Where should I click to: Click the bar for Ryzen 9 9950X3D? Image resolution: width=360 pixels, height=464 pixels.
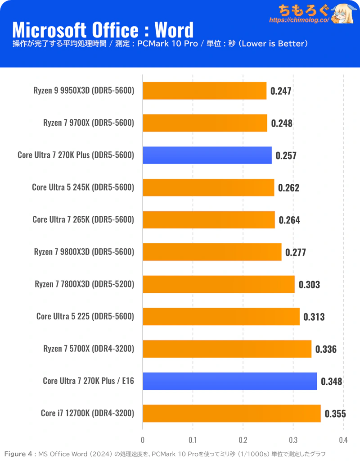coord(204,91)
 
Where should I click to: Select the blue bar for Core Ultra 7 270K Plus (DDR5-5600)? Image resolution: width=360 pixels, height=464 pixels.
coord(207,155)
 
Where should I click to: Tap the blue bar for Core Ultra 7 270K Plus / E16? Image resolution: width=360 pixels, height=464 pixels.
coord(229,381)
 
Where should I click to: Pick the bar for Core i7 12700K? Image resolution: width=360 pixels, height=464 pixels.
coord(232,413)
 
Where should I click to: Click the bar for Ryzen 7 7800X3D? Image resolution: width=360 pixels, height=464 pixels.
coord(219,284)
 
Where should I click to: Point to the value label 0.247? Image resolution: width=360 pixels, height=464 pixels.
coord(281,91)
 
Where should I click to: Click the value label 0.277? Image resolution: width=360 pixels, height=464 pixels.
coord(295,252)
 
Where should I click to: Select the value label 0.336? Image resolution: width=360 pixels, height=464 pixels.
coord(326,349)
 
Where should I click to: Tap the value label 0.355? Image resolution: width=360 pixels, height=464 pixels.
coord(335,414)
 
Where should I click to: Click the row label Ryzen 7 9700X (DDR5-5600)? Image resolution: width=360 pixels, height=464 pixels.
coord(89,123)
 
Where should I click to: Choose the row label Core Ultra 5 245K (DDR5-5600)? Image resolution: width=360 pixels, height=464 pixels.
coord(83,187)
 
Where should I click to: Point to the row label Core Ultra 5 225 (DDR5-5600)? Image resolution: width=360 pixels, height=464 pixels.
coord(85,316)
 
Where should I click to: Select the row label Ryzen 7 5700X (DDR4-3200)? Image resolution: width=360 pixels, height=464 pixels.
coord(89,349)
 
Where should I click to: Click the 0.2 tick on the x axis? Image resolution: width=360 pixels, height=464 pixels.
coord(243,440)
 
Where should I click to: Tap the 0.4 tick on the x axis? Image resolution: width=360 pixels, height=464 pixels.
coord(344,440)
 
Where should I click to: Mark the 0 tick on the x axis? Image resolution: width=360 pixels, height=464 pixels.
coord(143,440)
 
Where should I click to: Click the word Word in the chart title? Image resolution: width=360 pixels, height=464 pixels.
coord(174,30)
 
